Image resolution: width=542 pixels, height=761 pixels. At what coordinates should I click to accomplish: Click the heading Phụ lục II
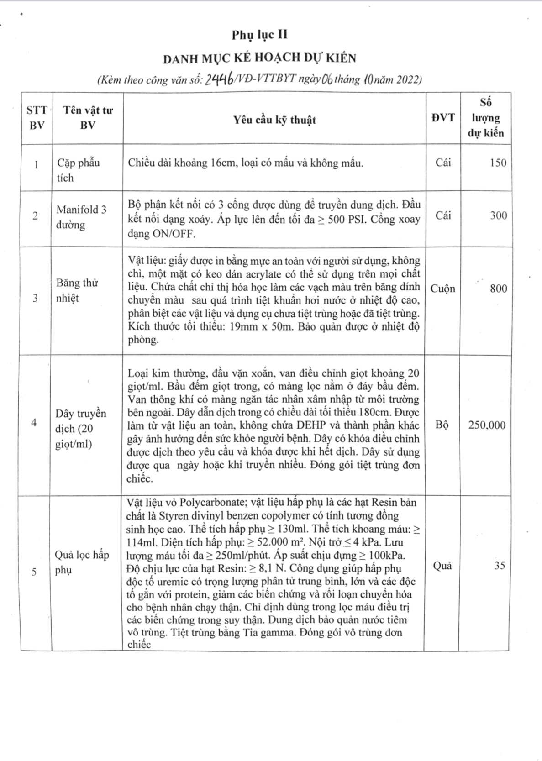click(259, 35)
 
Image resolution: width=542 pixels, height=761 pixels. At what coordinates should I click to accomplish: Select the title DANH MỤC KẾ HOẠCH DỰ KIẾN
click(260, 58)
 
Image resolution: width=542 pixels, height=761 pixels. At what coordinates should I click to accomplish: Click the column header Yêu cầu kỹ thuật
click(274, 120)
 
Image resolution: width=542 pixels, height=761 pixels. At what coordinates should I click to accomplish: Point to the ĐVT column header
click(443, 117)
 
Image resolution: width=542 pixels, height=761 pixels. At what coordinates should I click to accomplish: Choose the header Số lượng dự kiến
click(485, 117)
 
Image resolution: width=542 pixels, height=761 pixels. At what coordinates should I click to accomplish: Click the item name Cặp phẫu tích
click(78, 170)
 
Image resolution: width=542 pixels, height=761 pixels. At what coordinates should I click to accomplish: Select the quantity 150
click(498, 163)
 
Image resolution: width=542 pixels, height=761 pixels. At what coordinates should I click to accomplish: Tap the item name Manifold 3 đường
click(81, 217)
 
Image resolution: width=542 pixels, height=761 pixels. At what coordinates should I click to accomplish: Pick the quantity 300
click(498, 215)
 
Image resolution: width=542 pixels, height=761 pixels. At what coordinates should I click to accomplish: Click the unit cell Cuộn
click(442, 289)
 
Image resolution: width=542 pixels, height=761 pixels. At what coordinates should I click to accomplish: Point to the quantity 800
click(498, 289)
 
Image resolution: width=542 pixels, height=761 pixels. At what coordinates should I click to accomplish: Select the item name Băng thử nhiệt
click(77, 290)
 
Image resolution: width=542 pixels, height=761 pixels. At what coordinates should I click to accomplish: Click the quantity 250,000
click(487, 425)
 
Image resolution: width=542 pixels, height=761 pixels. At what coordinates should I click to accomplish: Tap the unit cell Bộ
click(442, 425)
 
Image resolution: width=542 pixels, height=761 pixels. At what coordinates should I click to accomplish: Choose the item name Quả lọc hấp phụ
click(82, 562)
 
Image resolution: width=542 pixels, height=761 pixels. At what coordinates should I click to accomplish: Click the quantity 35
click(500, 565)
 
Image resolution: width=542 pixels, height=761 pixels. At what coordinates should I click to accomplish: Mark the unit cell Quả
click(442, 566)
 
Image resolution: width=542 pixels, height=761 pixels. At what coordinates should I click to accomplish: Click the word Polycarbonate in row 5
click(212, 502)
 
